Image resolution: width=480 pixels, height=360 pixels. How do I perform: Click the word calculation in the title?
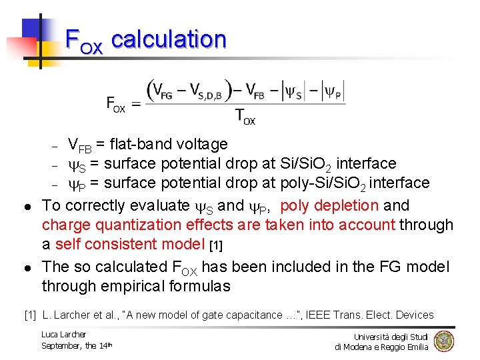click(169, 40)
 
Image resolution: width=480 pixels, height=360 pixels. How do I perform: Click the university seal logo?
click(443, 341)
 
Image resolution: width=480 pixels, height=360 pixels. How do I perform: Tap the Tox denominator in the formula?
click(245, 117)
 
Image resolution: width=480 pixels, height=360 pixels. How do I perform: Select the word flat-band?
click(139, 144)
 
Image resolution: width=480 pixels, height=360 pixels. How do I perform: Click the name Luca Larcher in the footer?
click(64, 334)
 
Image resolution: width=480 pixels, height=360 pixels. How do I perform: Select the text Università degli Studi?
click(391, 337)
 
